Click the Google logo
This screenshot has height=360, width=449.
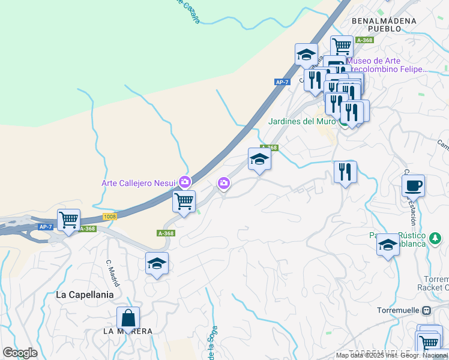coord(20,353)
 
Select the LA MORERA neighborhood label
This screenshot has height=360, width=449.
coord(127,331)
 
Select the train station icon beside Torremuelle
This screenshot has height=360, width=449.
coord(427,311)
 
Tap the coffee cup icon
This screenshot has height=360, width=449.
coord(413,185)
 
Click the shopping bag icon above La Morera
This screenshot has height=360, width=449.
coord(128,317)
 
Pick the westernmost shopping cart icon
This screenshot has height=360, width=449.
coord(69,220)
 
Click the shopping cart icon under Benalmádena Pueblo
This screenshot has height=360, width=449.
coord(341,46)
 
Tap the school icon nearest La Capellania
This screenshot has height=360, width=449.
coord(157,263)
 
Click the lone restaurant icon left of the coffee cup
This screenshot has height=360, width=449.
coord(345,172)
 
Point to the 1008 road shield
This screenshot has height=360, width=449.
coord(109,216)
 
